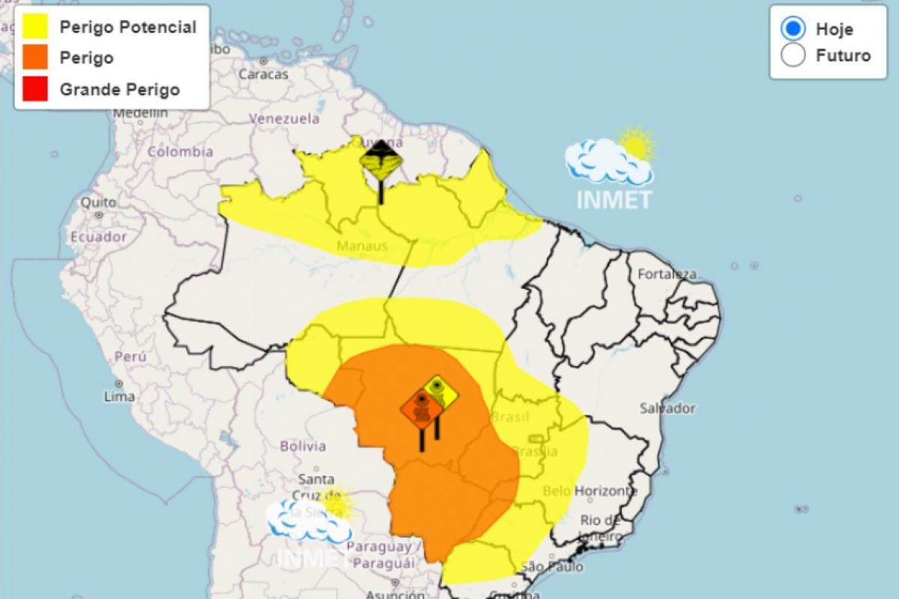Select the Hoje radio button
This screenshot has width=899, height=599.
[793, 29]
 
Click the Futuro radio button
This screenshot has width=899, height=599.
[793, 55]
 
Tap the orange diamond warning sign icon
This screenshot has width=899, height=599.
[422, 410]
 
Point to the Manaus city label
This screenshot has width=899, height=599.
[362, 246]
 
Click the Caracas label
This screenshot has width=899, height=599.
[263, 74]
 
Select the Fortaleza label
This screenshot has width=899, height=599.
[667, 274]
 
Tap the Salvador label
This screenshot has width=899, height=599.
[667, 409]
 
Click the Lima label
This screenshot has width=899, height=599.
[120, 396]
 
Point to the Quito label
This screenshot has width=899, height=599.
[98, 203]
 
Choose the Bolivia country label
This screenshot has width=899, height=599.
[303, 446]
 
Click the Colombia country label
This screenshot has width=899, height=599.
[180, 152]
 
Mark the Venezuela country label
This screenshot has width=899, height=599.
[284, 118]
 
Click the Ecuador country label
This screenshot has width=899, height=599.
[98, 237]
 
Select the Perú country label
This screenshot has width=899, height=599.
[130, 356]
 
